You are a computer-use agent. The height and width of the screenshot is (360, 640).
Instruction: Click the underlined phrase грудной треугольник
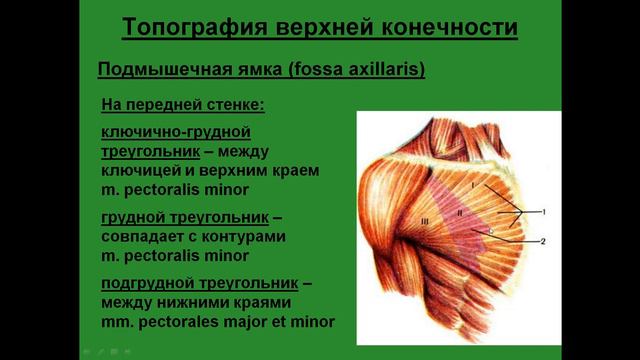tap(185, 217)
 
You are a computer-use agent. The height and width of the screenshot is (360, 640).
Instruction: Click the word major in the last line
tap(250, 322)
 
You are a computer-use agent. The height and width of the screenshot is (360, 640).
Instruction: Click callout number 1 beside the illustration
tap(543, 212)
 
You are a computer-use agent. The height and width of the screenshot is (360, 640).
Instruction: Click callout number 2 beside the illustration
tap(543, 242)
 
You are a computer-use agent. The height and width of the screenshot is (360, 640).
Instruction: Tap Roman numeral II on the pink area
tap(461, 212)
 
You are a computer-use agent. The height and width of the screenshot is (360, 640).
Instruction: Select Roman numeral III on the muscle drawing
tap(424, 221)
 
